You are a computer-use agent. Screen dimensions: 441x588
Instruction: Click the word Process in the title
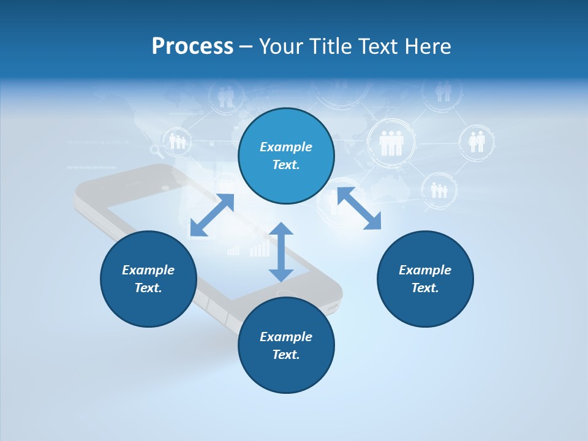pyautogui.click(x=192, y=47)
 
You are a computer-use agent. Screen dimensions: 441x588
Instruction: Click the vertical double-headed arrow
pyautogui.click(x=281, y=252)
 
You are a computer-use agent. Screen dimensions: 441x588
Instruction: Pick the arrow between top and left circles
pyautogui.click(x=212, y=215)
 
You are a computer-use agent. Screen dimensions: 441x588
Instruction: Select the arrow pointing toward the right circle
pyautogui.click(x=359, y=208)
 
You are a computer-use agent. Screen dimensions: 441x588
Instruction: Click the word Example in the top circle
pyautogui.click(x=286, y=147)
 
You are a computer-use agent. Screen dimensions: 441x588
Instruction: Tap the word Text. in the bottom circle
pyautogui.click(x=286, y=355)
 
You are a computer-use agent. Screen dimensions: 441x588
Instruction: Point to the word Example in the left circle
pyautogui.click(x=148, y=270)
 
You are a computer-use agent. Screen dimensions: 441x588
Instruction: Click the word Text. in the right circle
pyautogui.click(x=425, y=288)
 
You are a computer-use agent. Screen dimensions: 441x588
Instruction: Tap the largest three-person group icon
pyautogui.click(x=391, y=143)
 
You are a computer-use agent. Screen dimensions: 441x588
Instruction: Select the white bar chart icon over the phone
pyautogui.click(x=260, y=249)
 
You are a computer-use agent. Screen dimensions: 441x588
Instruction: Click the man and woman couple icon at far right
pyautogui.click(x=477, y=141)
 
